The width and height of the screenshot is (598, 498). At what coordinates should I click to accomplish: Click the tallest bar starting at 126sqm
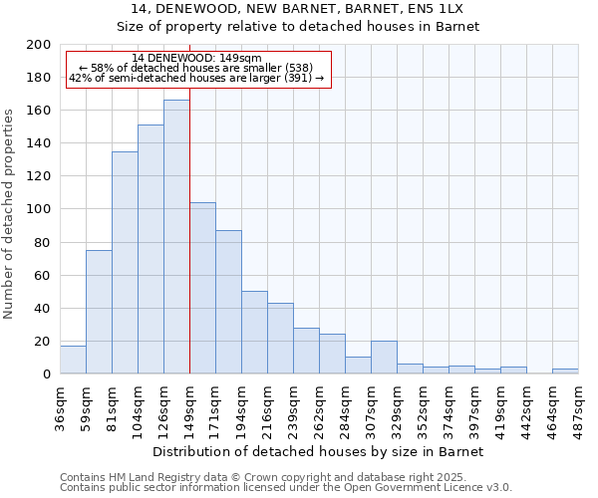tap(176, 237)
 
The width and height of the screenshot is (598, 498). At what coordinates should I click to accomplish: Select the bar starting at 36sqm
tap(73, 360)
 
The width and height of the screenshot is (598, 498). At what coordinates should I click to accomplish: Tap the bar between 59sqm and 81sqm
tap(99, 312)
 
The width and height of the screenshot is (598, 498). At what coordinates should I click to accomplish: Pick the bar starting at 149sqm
tap(202, 288)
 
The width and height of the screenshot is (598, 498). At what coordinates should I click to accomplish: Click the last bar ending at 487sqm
tap(565, 372)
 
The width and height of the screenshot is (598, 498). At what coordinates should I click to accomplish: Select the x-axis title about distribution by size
tap(318, 452)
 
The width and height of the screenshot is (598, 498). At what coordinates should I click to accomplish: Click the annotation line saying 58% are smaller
tap(196, 68)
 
